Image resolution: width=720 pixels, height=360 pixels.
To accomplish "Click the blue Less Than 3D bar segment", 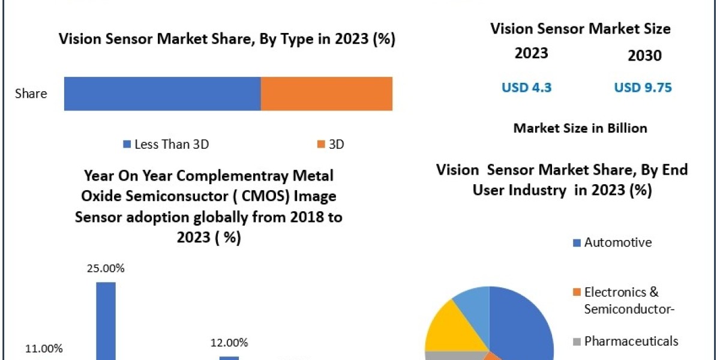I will tap(162, 94).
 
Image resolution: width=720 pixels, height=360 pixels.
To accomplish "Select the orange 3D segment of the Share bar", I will tap(326, 94).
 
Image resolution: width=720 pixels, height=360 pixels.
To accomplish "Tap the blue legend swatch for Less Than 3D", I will tap(126, 144).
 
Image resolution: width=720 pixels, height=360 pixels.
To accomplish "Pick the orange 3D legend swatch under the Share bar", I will tap(321, 144).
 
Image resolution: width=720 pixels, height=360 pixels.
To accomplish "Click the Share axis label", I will tap(31, 94).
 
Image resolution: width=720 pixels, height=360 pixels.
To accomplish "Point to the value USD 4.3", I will tap(526, 88).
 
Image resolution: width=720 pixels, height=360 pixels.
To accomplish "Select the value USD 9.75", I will tap(643, 88).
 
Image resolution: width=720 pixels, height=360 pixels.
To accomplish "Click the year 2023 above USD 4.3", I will tap(531, 53).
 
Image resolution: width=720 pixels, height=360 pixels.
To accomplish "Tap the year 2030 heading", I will tap(644, 56).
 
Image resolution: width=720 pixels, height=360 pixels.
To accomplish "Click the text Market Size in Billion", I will tap(580, 128).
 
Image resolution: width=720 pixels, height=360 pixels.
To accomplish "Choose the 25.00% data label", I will tap(106, 268).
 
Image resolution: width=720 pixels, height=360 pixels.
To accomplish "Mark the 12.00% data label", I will tap(229, 343).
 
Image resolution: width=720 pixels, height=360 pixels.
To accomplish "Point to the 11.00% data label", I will tap(43, 348).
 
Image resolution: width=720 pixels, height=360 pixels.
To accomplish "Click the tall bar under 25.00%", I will tap(106, 321).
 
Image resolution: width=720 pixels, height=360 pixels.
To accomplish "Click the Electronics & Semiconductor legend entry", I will tap(621, 300).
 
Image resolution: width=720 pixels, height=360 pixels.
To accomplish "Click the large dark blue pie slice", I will tap(522, 324).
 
